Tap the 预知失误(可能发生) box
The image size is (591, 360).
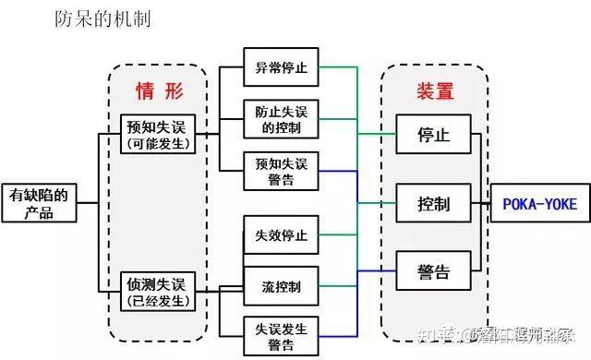[x=159, y=134]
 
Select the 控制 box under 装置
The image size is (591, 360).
[x=433, y=202]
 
